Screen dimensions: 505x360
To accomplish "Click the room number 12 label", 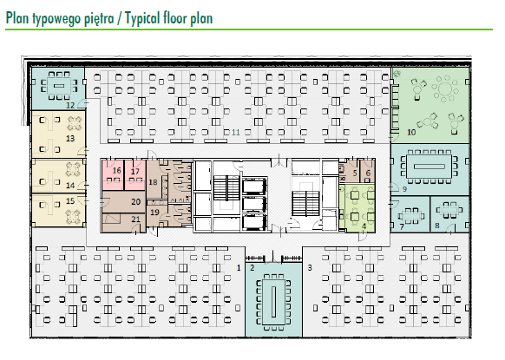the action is [x=70, y=105].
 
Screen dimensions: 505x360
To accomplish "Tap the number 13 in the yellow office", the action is [x=70, y=139].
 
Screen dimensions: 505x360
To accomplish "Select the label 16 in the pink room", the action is [x=116, y=170].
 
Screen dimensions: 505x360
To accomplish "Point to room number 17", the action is [x=135, y=171].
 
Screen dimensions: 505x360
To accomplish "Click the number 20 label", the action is [x=136, y=202].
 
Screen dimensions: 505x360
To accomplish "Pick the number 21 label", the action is [x=136, y=219].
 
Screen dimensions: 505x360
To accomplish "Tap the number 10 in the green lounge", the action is [x=411, y=133].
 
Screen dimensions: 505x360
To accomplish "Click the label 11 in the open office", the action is [x=236, y=133].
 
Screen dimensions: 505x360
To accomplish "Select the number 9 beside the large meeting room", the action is [x=405, y=189].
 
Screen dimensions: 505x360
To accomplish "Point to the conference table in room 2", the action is [x=273, y=302].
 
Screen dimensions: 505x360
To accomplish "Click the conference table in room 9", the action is [x=429, y=167].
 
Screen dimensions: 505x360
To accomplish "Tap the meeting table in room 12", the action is [x=58, y=86].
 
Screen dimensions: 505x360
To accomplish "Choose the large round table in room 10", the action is [x=445, y=88].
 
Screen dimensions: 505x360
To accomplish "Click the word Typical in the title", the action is [x=142, y=18].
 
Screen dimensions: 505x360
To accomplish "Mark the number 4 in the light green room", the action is [x=364, y=226].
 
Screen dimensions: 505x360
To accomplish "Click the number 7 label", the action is [x=402, y=227].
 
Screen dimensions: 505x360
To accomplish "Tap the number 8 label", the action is [x=437, y=226].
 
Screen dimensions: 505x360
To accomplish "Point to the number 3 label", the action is [x=310, y=267].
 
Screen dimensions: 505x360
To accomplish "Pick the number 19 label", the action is [x=155, y=213].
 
